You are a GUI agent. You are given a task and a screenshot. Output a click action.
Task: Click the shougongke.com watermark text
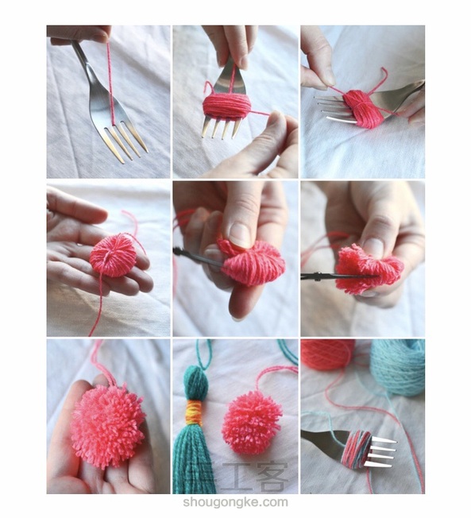pyautogui.click(x=235, y=502)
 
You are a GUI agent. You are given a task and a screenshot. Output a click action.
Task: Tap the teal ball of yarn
pyautogui.click(x=398, y=367)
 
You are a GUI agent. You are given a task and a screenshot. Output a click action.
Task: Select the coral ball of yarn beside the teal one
pyautogui.click(x=328, y=354)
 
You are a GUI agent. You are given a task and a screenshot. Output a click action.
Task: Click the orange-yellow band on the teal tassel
pyautogui.click(x=194, y=412)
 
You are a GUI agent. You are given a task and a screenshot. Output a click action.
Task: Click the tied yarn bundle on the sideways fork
pyautogui.click(x=363, y=108)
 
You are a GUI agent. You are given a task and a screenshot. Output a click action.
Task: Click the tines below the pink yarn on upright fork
pyautogui.click(x=220, y=126)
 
